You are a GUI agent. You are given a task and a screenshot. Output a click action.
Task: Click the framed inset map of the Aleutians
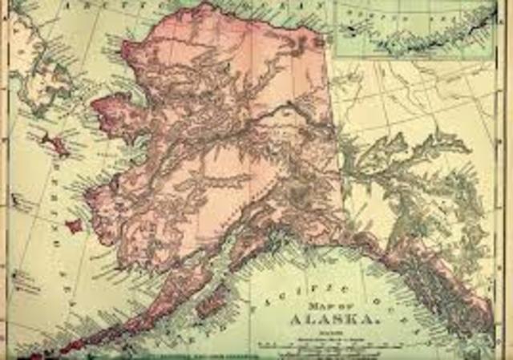tap(414, 30)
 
